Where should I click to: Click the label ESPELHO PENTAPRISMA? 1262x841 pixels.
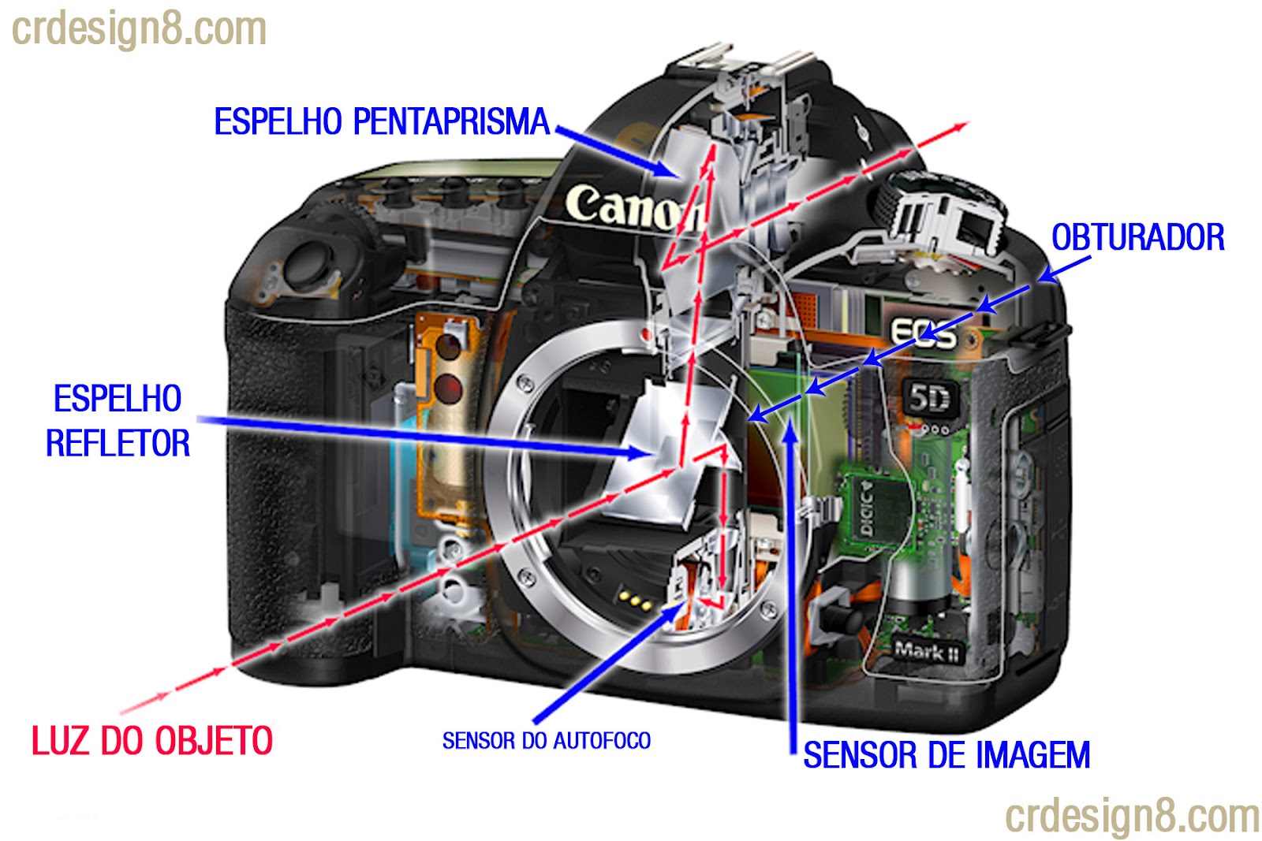pos(382,122)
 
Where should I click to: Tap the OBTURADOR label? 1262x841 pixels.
pos(1137,237)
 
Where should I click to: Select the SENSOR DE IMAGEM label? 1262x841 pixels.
pos(946,755)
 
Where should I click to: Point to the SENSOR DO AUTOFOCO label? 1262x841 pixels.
pos(546,741)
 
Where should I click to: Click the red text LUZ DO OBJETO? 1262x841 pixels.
pos(152,741)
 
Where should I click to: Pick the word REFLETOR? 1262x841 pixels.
pos(118,444)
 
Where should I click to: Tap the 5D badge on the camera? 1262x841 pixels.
pos(928,399)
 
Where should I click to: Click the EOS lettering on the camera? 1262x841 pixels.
pos(923,333)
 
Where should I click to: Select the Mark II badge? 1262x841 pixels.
pos(927,651)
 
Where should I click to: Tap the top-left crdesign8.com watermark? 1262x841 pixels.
pos(139,29)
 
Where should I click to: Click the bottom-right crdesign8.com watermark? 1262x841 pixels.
pos(1132,816)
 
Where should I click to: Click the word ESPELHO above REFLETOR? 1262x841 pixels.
pos(118,399)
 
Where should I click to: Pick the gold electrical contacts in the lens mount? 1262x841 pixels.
pos(636,601)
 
